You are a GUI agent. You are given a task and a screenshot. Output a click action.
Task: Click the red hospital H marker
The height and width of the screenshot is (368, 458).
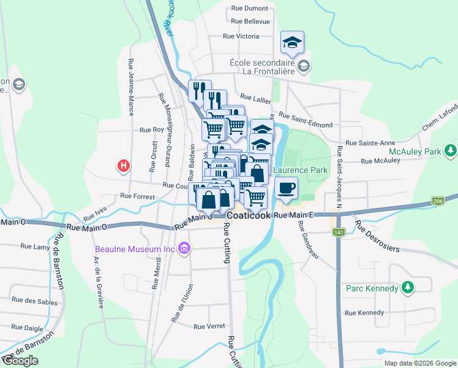click(124, 166)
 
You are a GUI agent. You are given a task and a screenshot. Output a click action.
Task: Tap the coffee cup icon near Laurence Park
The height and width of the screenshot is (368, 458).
click(286, 188)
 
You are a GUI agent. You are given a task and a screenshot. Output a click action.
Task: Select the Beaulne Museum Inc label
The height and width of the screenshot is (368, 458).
click(135, 249)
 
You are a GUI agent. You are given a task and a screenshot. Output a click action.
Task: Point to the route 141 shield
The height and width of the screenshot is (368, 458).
click(339, 232)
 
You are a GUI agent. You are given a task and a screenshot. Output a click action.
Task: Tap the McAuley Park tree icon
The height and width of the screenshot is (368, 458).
click(451, 150)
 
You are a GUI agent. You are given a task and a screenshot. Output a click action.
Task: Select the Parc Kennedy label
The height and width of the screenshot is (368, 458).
click(372, 288)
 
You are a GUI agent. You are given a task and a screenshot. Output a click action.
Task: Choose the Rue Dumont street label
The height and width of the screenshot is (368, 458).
click(250, 9)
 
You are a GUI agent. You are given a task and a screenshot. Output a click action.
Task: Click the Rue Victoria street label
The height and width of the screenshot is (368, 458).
click(241, 36)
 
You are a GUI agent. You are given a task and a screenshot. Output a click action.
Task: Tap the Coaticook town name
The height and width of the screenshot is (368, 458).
click(249, 216)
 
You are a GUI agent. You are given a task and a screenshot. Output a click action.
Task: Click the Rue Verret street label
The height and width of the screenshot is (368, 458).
click(209, 326)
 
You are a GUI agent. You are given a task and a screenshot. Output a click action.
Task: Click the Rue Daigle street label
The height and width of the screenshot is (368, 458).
click(25, 328)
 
